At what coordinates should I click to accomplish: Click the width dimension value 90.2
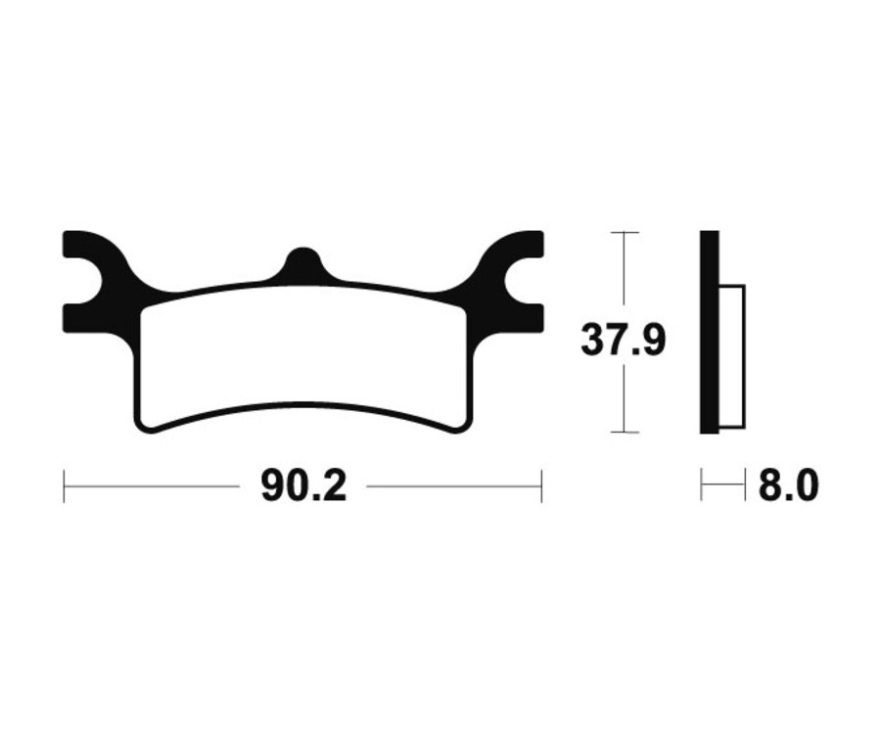click(303, 486)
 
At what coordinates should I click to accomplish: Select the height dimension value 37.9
click(624, 341)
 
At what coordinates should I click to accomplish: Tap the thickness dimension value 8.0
click(788, 486)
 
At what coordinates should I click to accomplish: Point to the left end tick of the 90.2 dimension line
click(65, 486)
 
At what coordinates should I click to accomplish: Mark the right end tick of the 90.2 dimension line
click(541, 486)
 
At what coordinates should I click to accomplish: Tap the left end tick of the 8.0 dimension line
click(702, 486)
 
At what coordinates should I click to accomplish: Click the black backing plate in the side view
click(709, 333)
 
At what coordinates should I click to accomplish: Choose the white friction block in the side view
click(731, 356)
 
